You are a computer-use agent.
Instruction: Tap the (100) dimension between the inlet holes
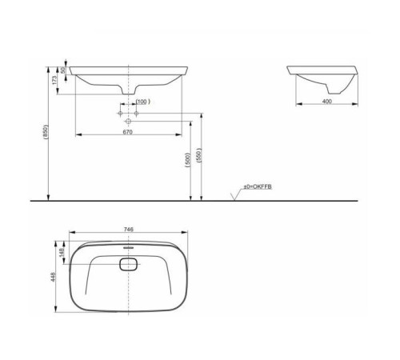point(142,102)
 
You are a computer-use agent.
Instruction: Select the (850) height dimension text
point(46,132)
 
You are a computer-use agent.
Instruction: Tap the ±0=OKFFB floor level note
point(259,186)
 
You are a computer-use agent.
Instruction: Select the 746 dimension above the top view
point(129,229)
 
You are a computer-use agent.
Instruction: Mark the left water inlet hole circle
point(120,114)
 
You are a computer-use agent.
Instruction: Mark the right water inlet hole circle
point(137,114)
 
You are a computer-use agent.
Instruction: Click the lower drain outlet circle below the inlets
point(129,121)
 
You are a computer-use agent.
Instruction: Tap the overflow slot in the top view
point(129,248)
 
